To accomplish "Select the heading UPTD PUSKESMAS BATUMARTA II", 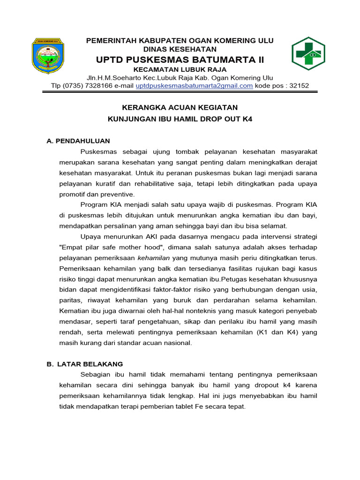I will click(180, 60).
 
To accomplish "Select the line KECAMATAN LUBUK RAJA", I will click(180, 69).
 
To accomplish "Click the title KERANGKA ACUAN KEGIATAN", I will click(180, 107).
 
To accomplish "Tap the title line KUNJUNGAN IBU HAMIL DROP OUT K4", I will click(180, 119).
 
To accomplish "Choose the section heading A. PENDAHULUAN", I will click(78, 141).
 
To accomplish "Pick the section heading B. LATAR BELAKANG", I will click(85, 364).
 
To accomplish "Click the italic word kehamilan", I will click(155, 258).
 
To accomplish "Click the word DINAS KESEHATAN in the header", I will click(180, 49).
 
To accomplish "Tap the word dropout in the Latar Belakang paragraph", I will click(255, 385).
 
